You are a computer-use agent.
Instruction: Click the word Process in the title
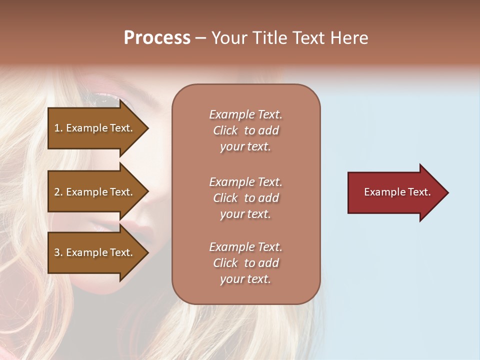pos(157,38)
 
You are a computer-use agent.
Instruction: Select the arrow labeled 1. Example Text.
pos(95,128)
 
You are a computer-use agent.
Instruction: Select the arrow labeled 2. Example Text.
pos(95,192)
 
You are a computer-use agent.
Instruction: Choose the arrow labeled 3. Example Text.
pos(95,252)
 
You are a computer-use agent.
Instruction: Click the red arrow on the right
pos(395,192)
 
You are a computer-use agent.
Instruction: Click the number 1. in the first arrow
pos(58,128)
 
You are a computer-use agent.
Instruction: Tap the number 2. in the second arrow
pos(58,192)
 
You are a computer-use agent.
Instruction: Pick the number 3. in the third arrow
pos(58,252)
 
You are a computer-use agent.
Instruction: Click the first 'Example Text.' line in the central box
pos(245,114)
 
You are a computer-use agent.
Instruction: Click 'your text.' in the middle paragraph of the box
pos(245,214)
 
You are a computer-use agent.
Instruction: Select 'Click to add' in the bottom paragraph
pos(245,263)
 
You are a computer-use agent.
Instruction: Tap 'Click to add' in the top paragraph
pos(245,130)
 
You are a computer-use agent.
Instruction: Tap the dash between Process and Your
pos(200,38)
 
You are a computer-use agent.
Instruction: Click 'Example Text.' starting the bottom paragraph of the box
pos(245,247)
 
